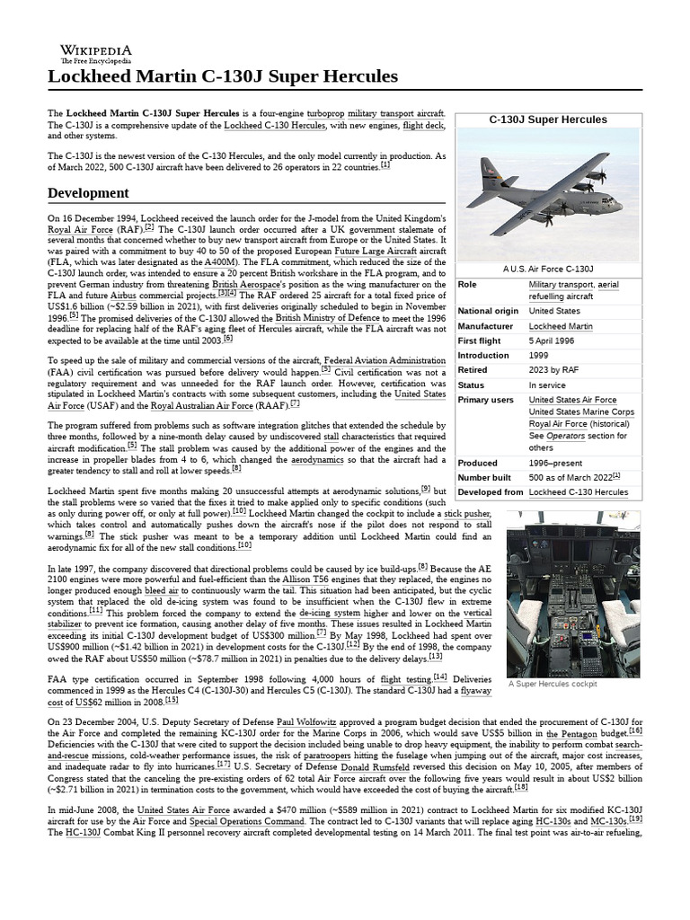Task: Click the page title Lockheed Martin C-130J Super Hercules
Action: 223,76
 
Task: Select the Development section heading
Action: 88,193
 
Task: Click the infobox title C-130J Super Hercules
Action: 547,119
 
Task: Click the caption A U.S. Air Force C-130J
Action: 548,269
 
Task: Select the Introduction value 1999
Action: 539,356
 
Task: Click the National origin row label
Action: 488,312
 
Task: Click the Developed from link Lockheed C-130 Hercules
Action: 578,492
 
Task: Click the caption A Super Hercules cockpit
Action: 552,684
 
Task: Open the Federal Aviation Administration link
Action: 385,360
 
